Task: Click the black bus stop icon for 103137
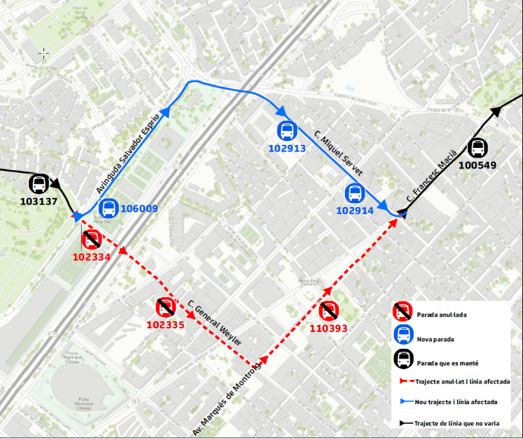point(39,184)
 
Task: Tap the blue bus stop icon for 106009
point(108,208)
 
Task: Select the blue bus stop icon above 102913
point(287,131)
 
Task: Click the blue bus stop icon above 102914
point(355,194)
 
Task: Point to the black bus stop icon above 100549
point(478,149)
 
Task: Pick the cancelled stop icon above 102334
point(92,240)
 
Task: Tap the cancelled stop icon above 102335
point(165,308)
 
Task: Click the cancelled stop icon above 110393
point(328,311)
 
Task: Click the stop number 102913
point(287,149)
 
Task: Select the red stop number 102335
point(165,325)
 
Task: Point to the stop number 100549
point(478,165)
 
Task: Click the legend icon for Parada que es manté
point(402,359)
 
